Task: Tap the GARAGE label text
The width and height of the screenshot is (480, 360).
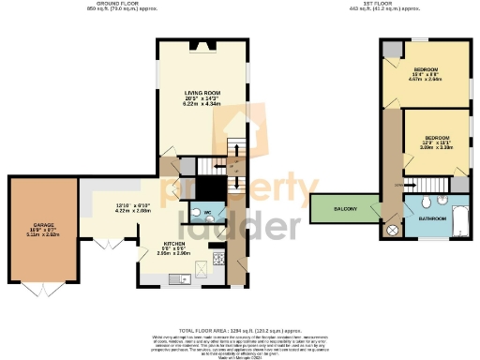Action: point(42,225)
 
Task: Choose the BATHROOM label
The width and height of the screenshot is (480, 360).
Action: point(432,218)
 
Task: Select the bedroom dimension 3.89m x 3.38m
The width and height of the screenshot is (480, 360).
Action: point(436,147)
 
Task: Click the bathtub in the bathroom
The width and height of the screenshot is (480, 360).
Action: point(460,221)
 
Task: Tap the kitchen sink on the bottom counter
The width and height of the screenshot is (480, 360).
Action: point(174,277)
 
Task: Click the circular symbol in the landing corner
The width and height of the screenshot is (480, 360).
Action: point(393,231)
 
